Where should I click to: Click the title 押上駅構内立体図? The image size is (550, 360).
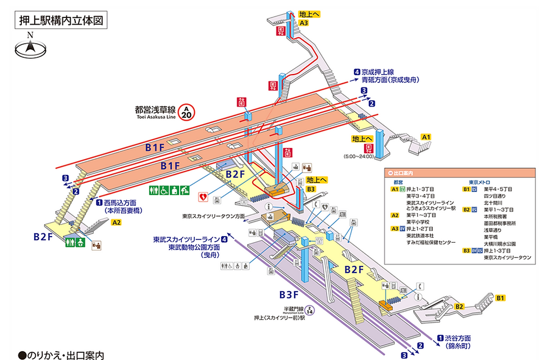[58, 21]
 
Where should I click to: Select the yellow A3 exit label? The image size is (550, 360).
[304, 23]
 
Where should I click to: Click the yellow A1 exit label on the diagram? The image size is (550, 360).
[426, 137]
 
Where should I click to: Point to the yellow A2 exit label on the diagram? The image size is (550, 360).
[117, 223]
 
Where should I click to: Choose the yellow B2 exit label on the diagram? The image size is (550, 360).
[459, 307]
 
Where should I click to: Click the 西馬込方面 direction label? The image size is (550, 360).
[121, 202]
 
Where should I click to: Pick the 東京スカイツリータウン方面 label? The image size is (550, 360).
[214, 216]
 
